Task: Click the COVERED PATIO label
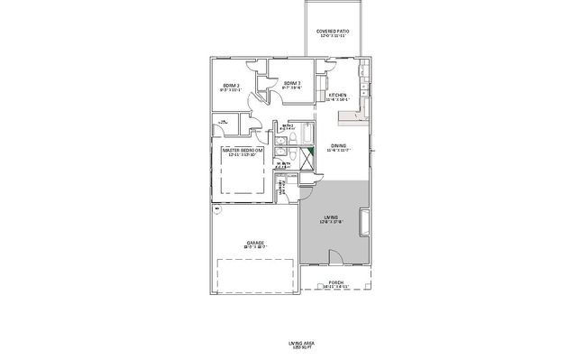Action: coord(333,32)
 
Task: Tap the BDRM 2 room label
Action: coord(230,87)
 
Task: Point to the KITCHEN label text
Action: coord(338,95)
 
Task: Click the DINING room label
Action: coord(338,145)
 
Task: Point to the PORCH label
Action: coord(335,283)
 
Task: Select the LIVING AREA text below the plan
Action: coord(288,344)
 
